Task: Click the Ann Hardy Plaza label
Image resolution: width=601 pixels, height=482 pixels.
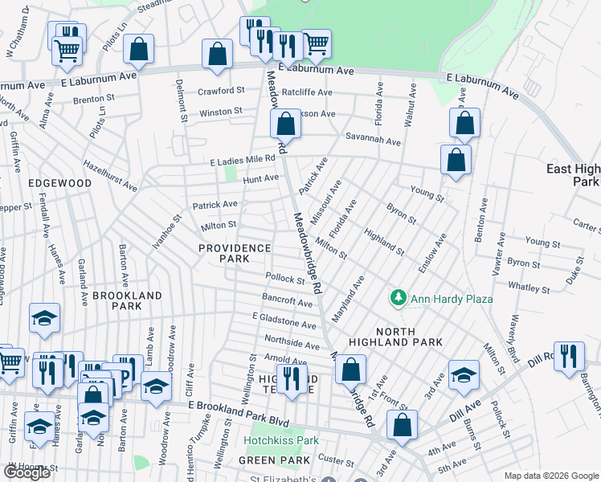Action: (452, 300)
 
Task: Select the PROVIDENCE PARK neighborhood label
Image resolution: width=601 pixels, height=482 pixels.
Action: (235, 248)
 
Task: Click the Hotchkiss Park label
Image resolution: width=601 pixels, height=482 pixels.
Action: (282, 440)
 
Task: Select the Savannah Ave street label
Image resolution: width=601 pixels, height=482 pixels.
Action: (373, 141)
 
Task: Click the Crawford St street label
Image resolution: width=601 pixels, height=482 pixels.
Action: (222, 92)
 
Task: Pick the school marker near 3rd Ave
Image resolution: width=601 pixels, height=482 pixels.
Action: (464, 375)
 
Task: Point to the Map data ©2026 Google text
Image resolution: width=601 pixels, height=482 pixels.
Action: (550, 476)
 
